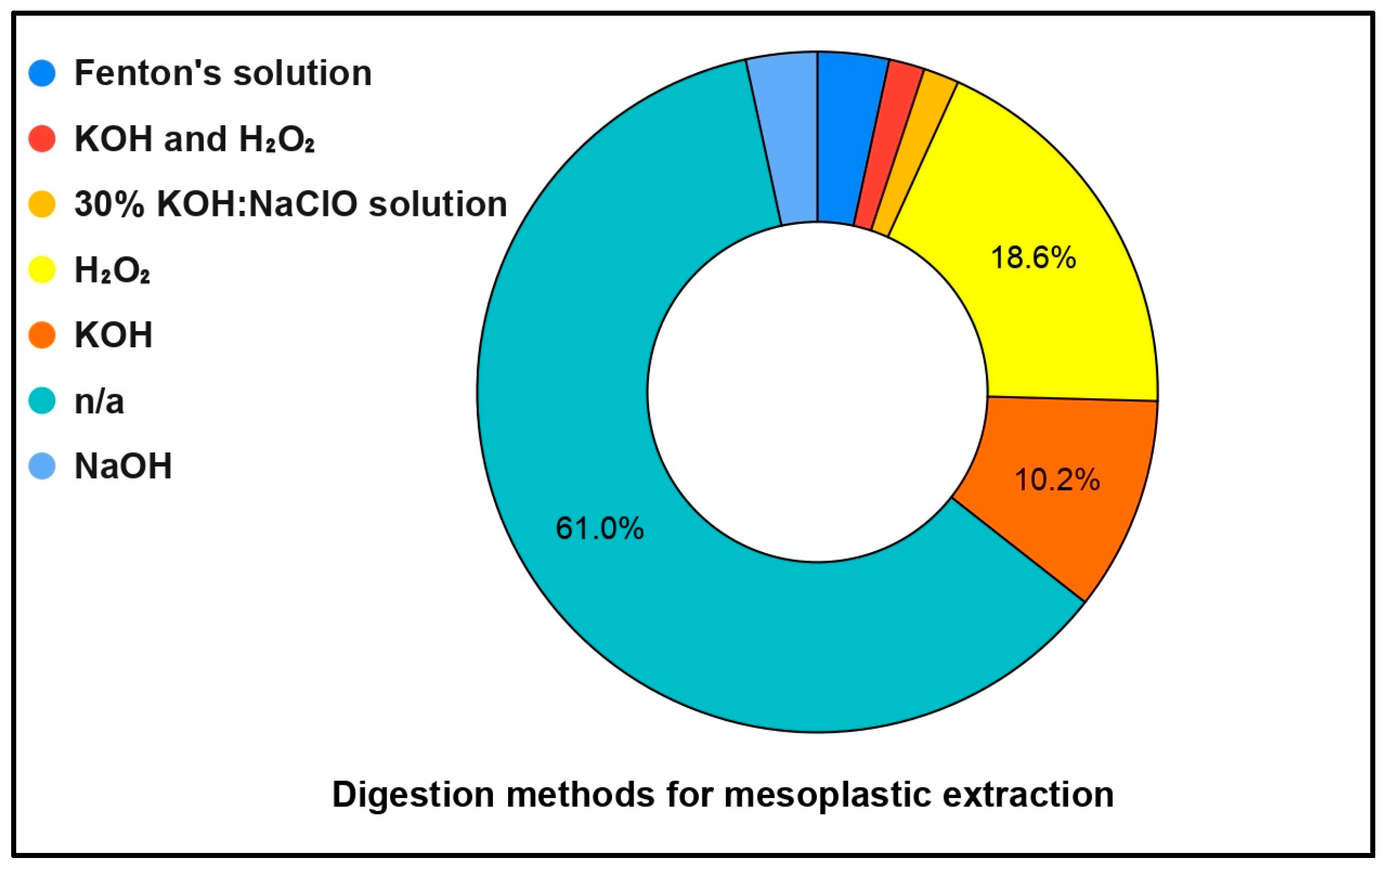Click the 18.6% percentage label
click(x=1033, y=258)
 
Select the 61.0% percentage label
click(x=599, y=529)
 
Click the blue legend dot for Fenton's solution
click(x=42, y=74)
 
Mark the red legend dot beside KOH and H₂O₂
click(x=42, y=139)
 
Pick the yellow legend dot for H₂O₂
click(x=42, y=270)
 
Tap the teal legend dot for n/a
click(x=42, y=401)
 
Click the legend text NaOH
click(x=123, y=466)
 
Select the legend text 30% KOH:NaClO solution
click(x=290, y=205)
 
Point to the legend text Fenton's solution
click(x=223, y=74)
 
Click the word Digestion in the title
click(x=412, y=795)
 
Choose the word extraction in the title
click(x=1028, y=795)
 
